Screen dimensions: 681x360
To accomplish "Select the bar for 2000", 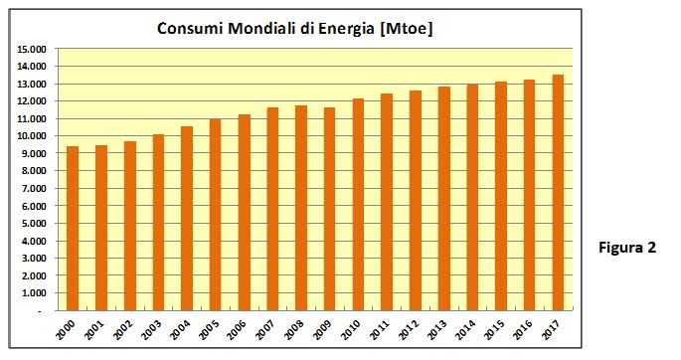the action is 73,229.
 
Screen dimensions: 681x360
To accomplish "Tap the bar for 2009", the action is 330,209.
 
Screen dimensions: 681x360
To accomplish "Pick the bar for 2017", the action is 558,192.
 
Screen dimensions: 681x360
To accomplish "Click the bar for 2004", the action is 187,219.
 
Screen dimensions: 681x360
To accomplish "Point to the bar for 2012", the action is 416,201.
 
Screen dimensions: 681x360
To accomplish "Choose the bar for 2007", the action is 272,209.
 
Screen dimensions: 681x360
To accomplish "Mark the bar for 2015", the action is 501,196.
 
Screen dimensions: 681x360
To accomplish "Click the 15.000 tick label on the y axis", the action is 32,49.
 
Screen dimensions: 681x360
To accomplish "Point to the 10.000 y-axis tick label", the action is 32,136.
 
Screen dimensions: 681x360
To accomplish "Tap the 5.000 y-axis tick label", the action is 34,224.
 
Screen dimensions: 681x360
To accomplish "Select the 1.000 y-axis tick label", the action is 34,293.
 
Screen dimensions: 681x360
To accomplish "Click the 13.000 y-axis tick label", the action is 32,84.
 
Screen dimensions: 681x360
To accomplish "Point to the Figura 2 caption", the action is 627,248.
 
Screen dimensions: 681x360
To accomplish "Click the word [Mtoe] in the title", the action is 406,29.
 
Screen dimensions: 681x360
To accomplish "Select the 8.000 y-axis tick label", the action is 34,171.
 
